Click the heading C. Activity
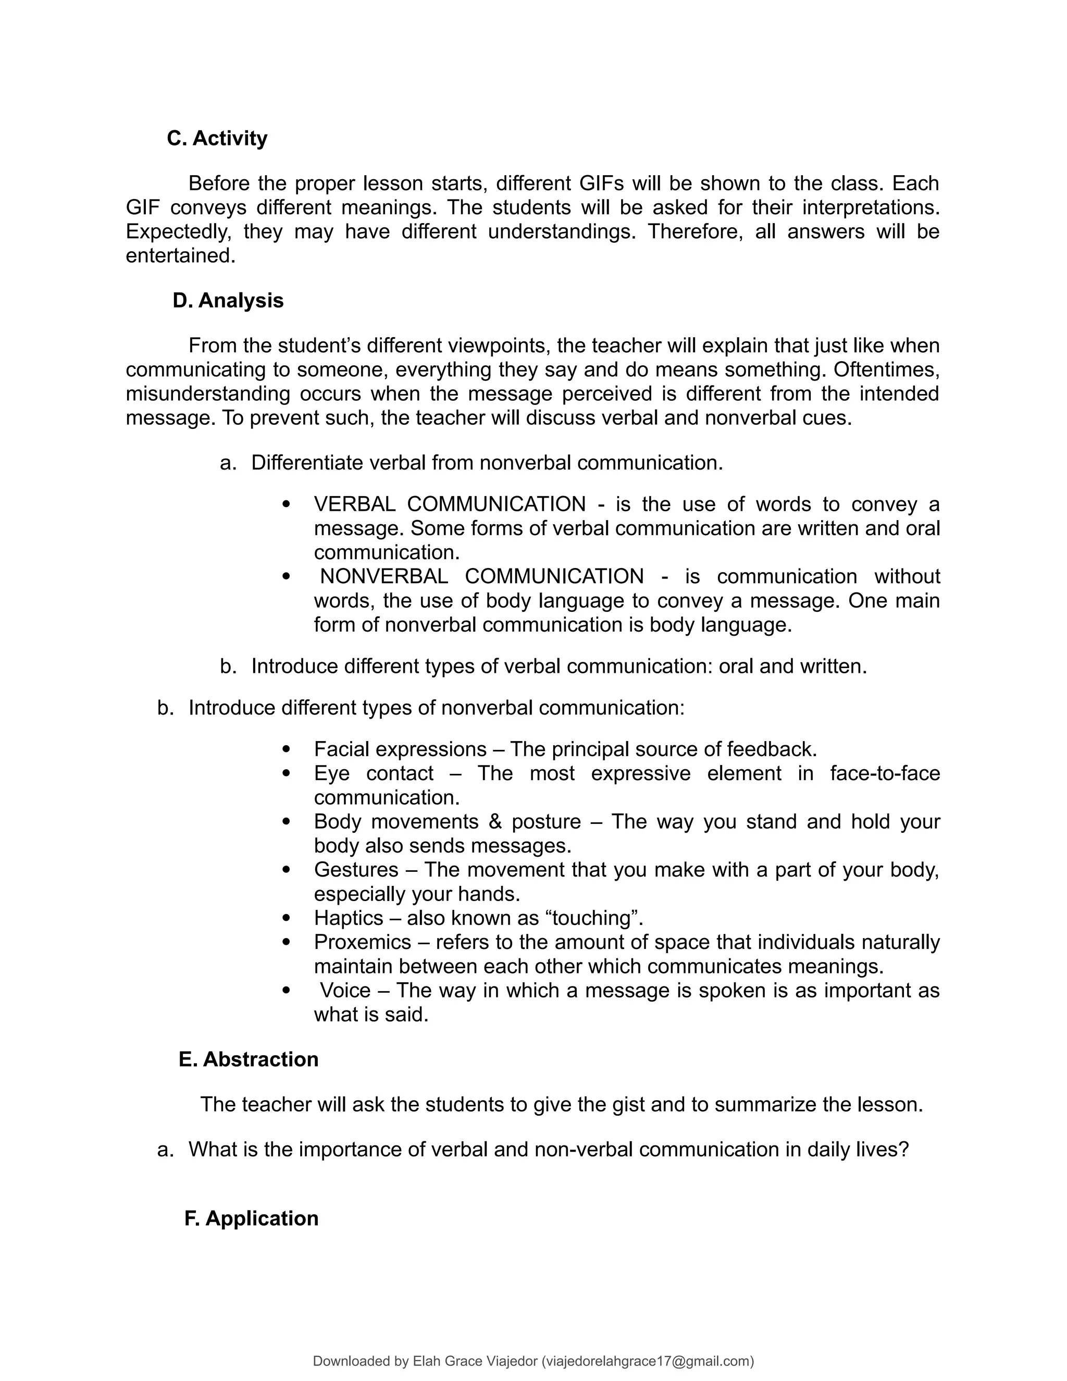217,139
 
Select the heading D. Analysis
228,300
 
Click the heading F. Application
251,1218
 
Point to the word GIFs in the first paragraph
601,183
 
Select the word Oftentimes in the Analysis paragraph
891,369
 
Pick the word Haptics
349,918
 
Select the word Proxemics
362,942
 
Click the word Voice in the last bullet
344,990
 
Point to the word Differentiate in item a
307,463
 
